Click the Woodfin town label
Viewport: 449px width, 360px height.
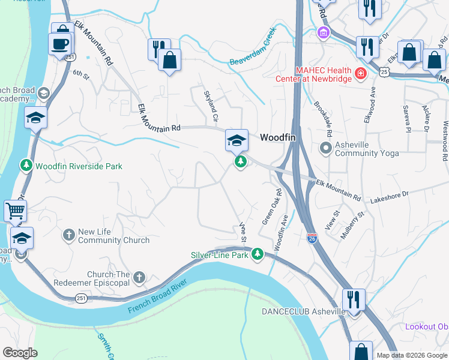click(278, 137)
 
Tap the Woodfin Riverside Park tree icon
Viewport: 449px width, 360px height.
click(26, 165)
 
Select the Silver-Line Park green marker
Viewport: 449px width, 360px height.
click(258, 255)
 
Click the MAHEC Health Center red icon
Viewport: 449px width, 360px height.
click(361, 74)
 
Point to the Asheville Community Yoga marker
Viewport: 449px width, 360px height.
click(327, 148)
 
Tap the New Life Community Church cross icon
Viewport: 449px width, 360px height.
click(70, 235)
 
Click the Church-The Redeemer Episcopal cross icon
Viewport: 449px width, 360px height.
click(139, 277)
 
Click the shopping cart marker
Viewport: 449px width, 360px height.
click(15, 211)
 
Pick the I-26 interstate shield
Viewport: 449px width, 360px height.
click(312, 238)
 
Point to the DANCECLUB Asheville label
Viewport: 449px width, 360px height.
click(303, 311)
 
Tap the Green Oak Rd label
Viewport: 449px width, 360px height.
click(271, 207)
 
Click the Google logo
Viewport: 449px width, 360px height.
click(20, 353)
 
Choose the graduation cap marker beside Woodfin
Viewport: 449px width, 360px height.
click(237, 140)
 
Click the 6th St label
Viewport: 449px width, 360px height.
click(80, 74)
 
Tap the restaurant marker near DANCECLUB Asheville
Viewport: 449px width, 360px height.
click(353, 299)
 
